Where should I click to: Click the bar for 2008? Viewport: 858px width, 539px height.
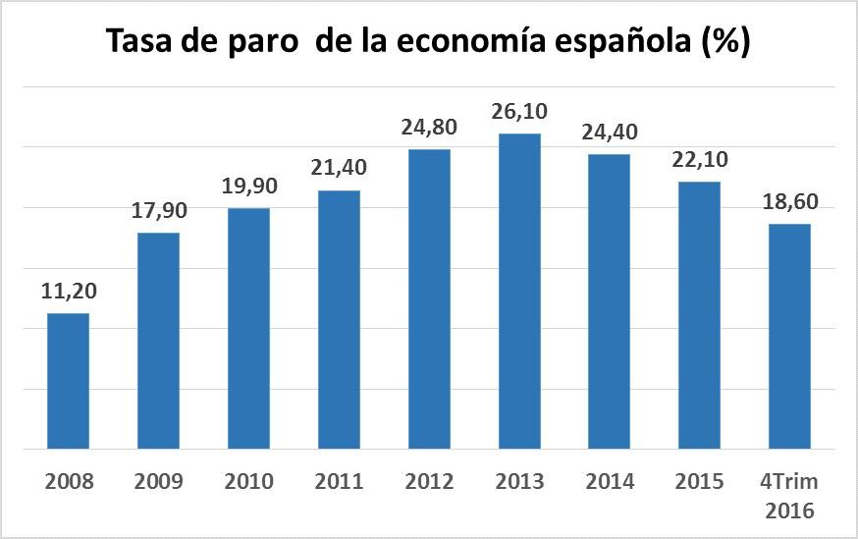click(69, 381)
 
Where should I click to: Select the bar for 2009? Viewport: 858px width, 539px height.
click(158, 341)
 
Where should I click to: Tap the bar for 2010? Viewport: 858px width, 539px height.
click(248, 329)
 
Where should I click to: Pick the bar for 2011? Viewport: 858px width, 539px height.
click(339, 320)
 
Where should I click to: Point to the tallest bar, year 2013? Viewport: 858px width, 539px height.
click(519, 292)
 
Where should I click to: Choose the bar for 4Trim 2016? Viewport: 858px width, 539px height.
click(789, 337)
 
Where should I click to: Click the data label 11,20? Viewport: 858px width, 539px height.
click(69, 292)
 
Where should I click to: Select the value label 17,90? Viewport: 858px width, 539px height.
click(158, 211)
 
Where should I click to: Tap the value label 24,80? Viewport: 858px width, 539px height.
click(429, 128)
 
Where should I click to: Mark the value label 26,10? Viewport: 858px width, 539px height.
click(519, 112)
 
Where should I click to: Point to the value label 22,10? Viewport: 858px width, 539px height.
click(699, 160)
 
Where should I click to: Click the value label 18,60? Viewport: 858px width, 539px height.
click(789, 202)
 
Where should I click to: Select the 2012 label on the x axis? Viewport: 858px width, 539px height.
click(429, 482)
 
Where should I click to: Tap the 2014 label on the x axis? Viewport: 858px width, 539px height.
click(610, 482)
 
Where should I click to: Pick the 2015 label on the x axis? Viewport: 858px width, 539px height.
click(699, 482)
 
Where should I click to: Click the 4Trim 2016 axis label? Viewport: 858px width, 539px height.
click(789, 496)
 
